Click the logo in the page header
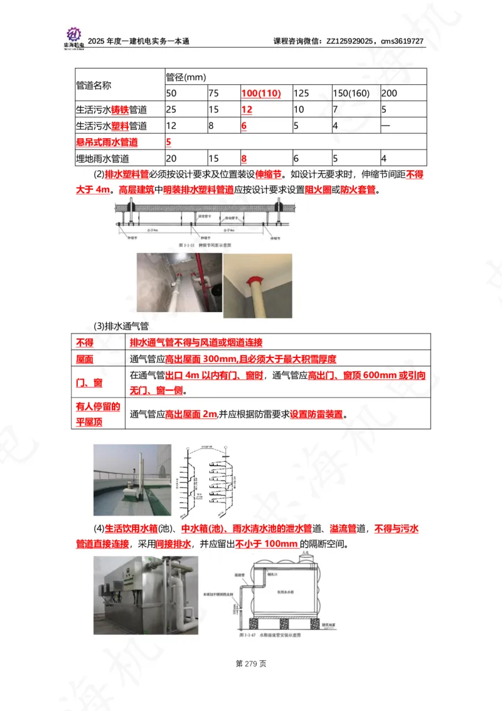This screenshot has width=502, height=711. click(x=74, y=37)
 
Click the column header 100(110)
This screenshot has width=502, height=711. click(x=260, y=94)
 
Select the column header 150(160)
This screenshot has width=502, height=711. click(x=351, y=94)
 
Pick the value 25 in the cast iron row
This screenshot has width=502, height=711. click(x=171, y=110)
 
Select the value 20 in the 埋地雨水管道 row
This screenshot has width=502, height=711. click(x=171, y=159)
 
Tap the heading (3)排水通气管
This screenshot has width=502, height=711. click(x=120, y=326)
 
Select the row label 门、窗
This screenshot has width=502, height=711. click(x=88, y=383)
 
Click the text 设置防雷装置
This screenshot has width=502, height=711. click(x=319, y=414)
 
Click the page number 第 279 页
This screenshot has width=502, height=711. click(x=251, y=663)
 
